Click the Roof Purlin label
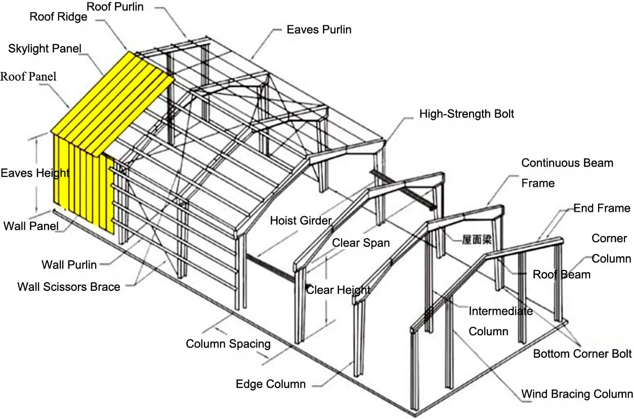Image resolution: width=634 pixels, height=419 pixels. (115, 7)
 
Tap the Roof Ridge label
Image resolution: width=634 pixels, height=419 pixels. (58, 17)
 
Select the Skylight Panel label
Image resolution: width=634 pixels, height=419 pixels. (45, 49)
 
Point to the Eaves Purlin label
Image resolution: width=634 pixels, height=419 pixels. (319, 29)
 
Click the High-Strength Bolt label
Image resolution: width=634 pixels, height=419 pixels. (467, 113)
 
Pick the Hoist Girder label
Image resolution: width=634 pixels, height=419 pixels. (301, 220)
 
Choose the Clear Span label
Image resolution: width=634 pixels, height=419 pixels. (361, 243)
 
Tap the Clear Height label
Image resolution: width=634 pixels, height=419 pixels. (338, 290)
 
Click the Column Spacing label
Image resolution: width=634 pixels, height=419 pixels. (228, 344)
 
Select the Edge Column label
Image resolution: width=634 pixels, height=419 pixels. (271, 384)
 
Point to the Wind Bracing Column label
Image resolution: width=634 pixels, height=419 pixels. (577, 394)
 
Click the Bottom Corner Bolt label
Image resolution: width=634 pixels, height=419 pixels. (582, 354)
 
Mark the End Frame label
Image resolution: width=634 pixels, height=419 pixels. (602, 208)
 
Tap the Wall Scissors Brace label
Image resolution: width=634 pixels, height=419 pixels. (69, 287)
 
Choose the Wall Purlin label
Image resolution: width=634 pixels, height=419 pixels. (69, 264)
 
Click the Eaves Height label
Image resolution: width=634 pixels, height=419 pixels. (35, 173)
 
